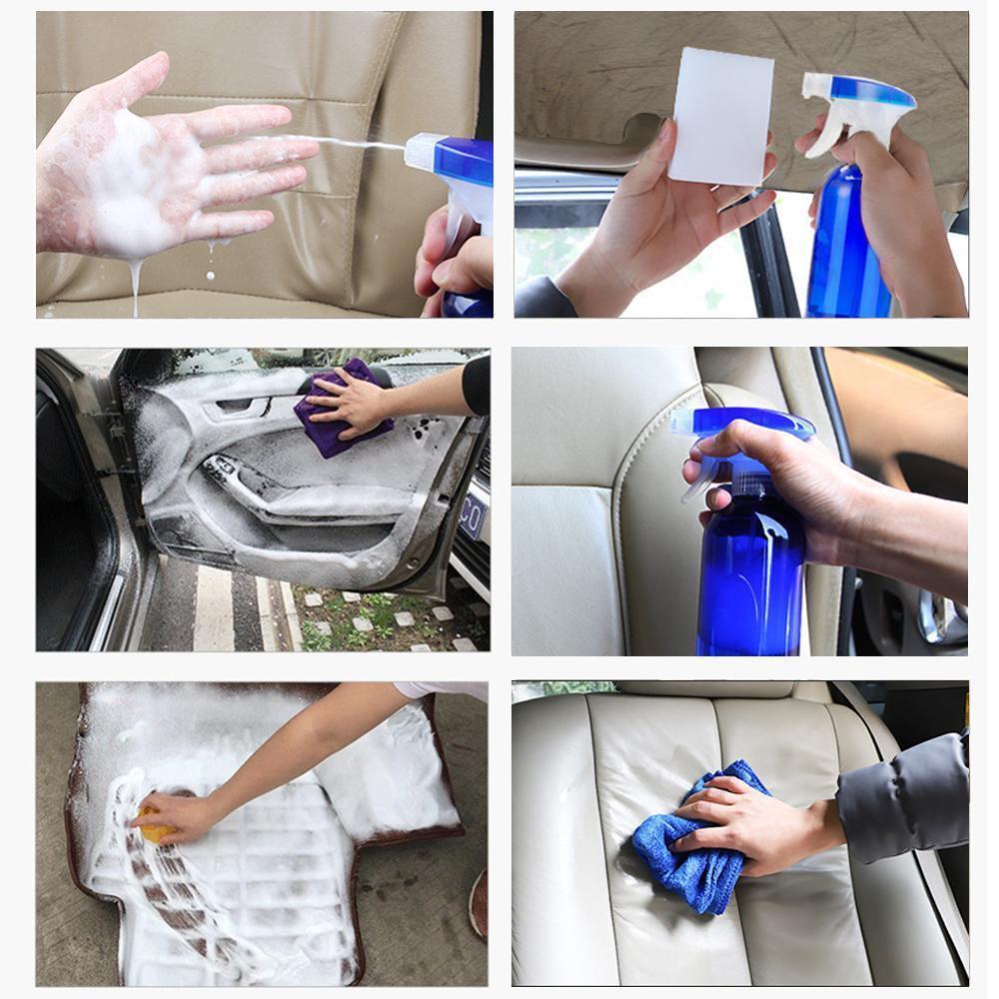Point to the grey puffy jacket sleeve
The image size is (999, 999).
(904, 799)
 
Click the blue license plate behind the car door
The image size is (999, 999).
(473, 519)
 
